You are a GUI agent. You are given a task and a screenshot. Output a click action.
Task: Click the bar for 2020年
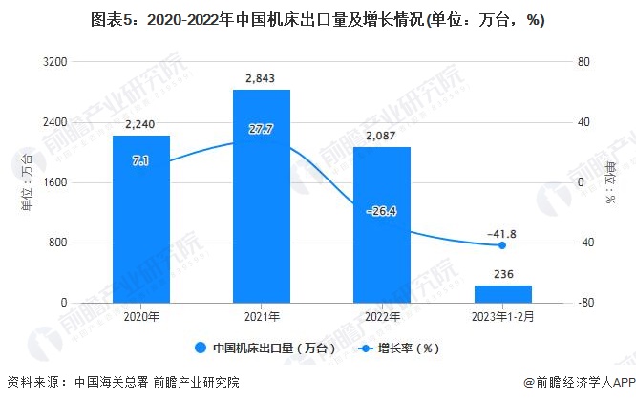(140, 219)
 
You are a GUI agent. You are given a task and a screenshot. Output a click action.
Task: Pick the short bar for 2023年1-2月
(502, 294)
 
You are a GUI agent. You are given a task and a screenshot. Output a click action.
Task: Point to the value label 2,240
(140, 123)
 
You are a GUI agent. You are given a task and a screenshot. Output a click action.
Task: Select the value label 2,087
(381, 135)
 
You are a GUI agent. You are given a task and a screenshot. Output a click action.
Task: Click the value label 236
(502, 274)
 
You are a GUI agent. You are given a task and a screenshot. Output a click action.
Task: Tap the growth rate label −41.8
(502, 232)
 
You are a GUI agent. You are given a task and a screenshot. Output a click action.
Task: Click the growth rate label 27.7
(261, 129)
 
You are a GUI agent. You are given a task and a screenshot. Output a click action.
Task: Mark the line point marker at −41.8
(502, 245)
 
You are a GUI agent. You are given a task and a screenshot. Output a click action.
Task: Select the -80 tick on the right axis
(583, 303)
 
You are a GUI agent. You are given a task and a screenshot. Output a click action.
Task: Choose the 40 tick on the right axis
(582, 122)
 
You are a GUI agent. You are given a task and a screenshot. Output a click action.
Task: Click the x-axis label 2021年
(261, 316)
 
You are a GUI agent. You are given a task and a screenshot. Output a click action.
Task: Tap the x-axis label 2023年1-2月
(502, 316)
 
